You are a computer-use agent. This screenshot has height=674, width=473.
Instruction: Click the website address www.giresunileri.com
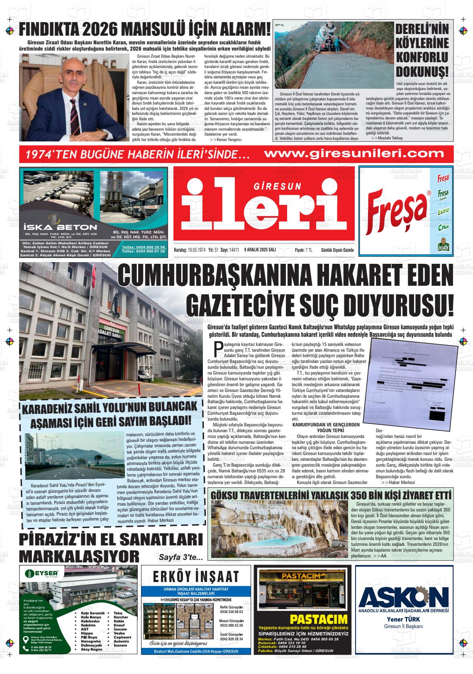coord(354,153)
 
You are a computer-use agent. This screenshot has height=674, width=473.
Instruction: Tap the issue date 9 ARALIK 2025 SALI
coord(260,250)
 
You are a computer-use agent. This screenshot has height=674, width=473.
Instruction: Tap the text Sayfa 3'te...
coord(180,557)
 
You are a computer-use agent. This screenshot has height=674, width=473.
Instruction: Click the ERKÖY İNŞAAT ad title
coord(196,577)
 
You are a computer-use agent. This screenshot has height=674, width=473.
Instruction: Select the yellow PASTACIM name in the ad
coord(319,620)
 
